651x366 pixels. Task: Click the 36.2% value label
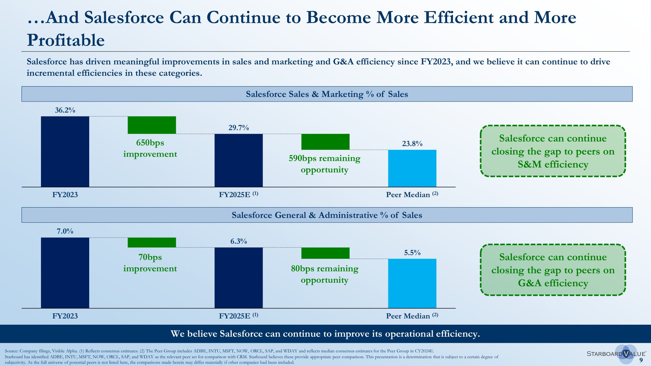pyautogui.click(x=65, y=110)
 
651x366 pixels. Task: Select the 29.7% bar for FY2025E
pyautogui.click(x=239, y=160)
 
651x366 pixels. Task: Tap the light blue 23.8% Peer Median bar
pyautogui.click(x=412, y=168)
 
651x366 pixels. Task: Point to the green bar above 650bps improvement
pyautogui.click(x=152, y=125)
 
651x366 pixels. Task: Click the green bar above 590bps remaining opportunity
pyautogui.click(x=325, y=142)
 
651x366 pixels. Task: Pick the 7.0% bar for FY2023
pyautogui.click(x=65, y=273)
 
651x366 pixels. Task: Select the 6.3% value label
pyautogui.click(x=239, y=241)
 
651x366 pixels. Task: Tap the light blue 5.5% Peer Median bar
pyautogui.click(x=412, y=283)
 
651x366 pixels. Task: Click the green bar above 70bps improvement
pyautogui.click(x=152, y=242)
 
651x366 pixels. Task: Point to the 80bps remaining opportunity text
pyautogui.click(x=325, y=274)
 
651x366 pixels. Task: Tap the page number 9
pyautogui.click(x=641, y=360)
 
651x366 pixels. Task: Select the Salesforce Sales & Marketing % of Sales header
pyautogui.click(x=327, y=94)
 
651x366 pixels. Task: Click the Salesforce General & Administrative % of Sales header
pyautogui.click(x=327, y=215)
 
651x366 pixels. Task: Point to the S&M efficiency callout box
pyautogui.click(x=553, y=151)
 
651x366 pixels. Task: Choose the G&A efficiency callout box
pyautogui.click(x=553, y=270)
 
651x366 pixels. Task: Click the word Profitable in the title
pyautogui.click(x=66, y=40)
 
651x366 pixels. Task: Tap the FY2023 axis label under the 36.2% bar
pyautogui.click(x=65, y=195)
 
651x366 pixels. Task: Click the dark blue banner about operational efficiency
pyautogui.click(x=325, y=334)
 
